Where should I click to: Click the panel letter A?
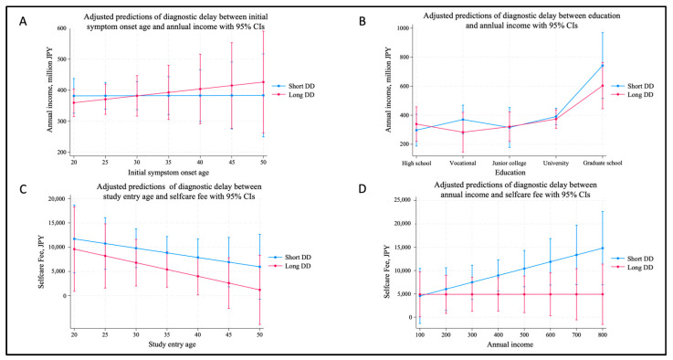pyautogui.click(x=23, y=21)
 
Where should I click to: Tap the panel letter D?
pyautogui.click(x=363, y=188)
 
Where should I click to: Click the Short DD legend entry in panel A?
pyautogui.click(x=292, y=86)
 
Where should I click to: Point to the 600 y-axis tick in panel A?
pyautogui.click(x=61, y=28)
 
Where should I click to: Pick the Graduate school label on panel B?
pyautogui.click(x=603, y=163)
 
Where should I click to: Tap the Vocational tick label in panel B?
pyautogui.click(x=463, y=163)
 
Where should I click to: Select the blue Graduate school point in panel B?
pyautogui.click(x=603, y=66)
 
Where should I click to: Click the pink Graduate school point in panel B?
pyautogui.click(x=603, y=86)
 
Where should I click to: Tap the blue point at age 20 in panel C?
pyautogui.click(x=74, y=238)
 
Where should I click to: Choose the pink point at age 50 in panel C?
pyautogui.click(x=259, y=290)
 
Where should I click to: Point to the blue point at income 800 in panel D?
pyautogui.click(x=603, y=248)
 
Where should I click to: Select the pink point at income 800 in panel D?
pyautogui.click(x=603, y=294)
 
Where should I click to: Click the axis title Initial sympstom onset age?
pyautogui.click(x=169, y=173)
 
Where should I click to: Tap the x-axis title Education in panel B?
pyautogui.click(x=510, y=173)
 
